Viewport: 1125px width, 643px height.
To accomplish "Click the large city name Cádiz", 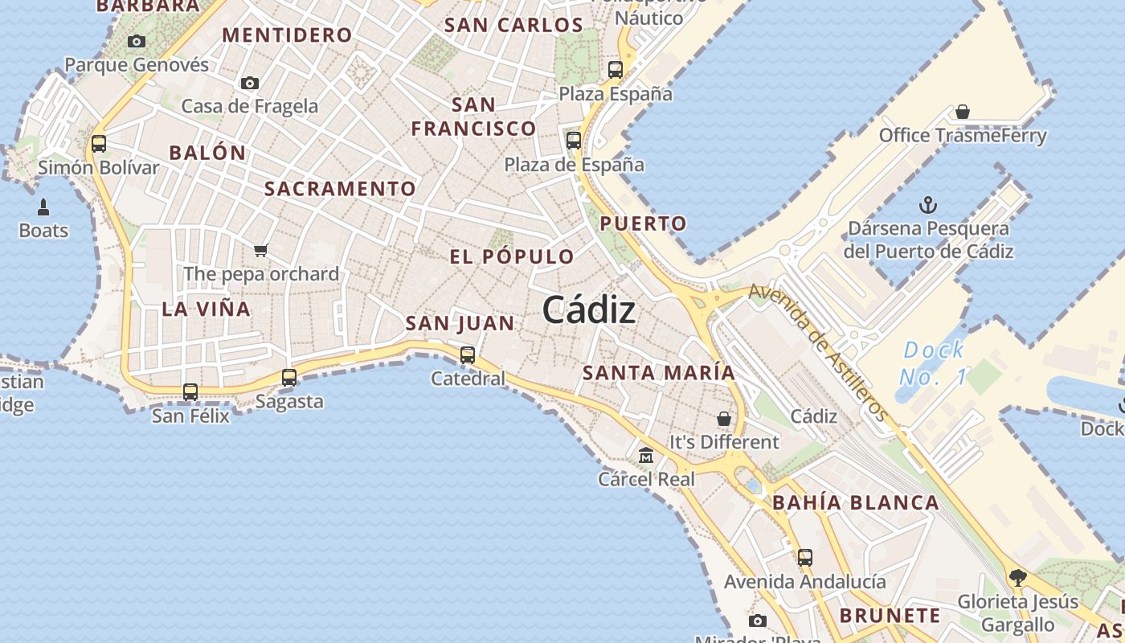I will pyautogui.click(x=589, y=310).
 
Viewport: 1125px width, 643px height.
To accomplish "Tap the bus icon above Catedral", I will pyautogui.click(x=468, y=354).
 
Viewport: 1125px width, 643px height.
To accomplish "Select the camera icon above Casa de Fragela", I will pyautogui.click(x=250, y=83).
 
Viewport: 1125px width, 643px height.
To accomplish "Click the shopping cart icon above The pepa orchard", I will pyautogui.click(x=260, y=250).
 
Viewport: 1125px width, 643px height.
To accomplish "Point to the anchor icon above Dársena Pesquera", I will pyautogui.click(x=928, y=204).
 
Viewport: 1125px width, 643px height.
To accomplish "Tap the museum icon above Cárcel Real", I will pyautogui.click(x=645, y=456).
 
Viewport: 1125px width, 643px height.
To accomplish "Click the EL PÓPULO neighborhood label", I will pyautogui.click(x=512, y=257).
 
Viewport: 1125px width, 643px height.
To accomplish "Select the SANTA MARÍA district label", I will pyautogui.click(x=658, y=373).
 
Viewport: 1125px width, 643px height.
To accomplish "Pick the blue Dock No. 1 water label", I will pyautogui.click(x=933, y=363).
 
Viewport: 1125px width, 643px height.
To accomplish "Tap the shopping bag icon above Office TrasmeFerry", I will pyautogui.click(x=963, y=112).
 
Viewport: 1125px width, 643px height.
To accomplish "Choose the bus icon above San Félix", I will pyautogui.click(x=190, y=392).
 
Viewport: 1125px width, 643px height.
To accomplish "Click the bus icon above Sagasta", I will pyautogui.click(x=289, y=377).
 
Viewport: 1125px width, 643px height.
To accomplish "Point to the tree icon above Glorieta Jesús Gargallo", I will pyautogui.click(x=1017, y=577).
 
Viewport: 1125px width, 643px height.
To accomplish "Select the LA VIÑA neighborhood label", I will pyautogui.click(x=206, y=309).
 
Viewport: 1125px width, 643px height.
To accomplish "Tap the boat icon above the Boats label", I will pyautogui.click(x=43, y=207).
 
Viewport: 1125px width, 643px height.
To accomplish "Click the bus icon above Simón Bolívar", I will pyautogui.click(x=99, y=144).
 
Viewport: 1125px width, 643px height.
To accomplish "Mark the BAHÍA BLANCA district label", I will pyautogui.click(x=855, y=503).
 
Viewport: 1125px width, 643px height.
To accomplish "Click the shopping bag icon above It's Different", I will pyautogui.click(x=724, y=419).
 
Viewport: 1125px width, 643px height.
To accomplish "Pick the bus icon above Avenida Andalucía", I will pyautogui.click(x=804, y=557).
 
